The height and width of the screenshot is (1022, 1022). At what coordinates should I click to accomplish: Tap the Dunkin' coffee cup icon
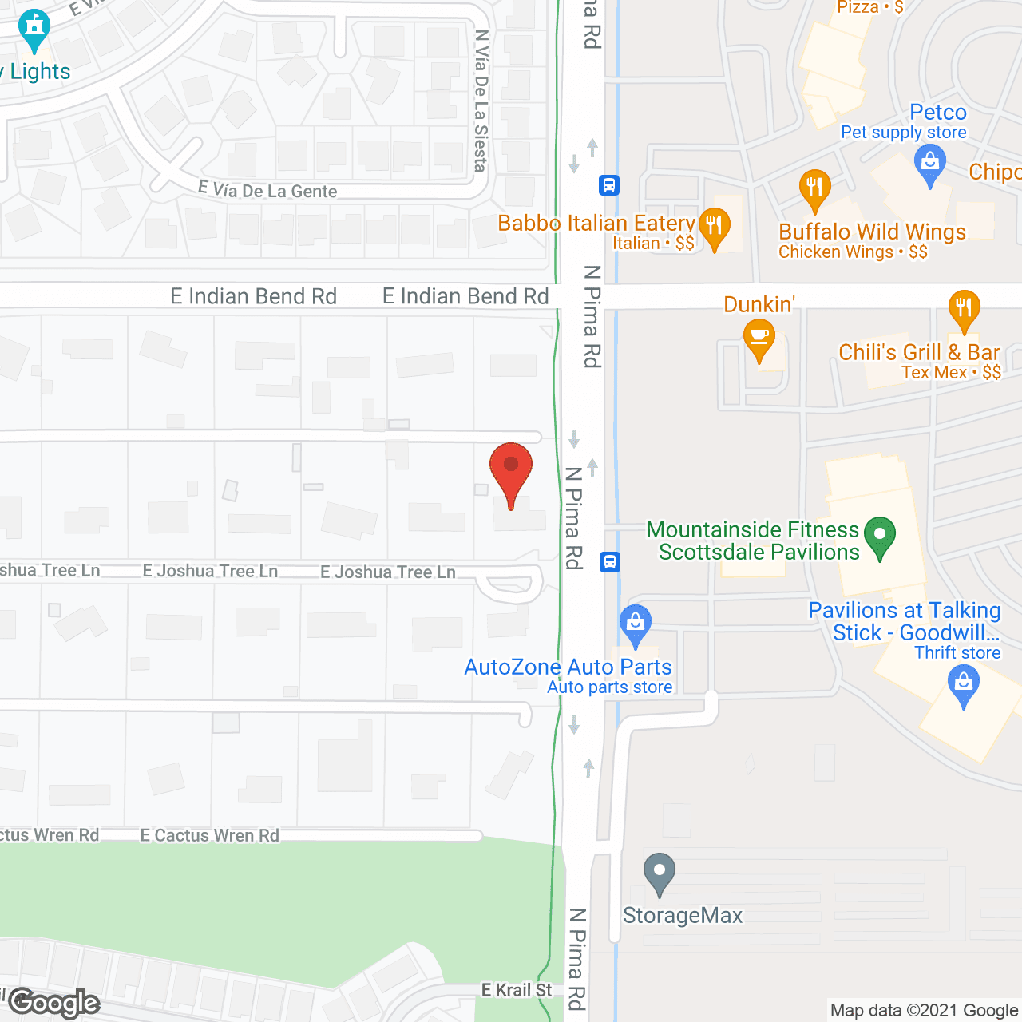pos(759,339)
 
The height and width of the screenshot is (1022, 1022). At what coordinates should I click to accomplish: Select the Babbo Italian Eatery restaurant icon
pos(714,228)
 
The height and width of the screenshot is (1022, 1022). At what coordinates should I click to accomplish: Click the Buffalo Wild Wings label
pos(872,232)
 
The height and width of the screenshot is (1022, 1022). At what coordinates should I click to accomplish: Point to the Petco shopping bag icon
pos(929,165)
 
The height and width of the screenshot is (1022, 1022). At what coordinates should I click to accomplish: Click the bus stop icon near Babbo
pos(609,185)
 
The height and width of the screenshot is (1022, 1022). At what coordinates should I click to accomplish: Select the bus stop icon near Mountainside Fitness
pos(609,561)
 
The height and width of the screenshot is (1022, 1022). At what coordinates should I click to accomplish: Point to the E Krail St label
pos(517,990)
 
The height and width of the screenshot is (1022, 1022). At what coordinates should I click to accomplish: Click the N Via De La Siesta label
pos(481,101)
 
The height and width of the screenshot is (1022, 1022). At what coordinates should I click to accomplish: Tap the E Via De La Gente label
pos(267,190)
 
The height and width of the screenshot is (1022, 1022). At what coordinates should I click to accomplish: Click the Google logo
pos(54,1003)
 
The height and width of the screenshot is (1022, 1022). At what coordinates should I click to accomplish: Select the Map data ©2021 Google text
pos(924,1010)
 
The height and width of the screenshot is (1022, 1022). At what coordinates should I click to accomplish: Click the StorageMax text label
pos(683,915)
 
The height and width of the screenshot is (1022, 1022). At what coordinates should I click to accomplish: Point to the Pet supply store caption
pos(903,133)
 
